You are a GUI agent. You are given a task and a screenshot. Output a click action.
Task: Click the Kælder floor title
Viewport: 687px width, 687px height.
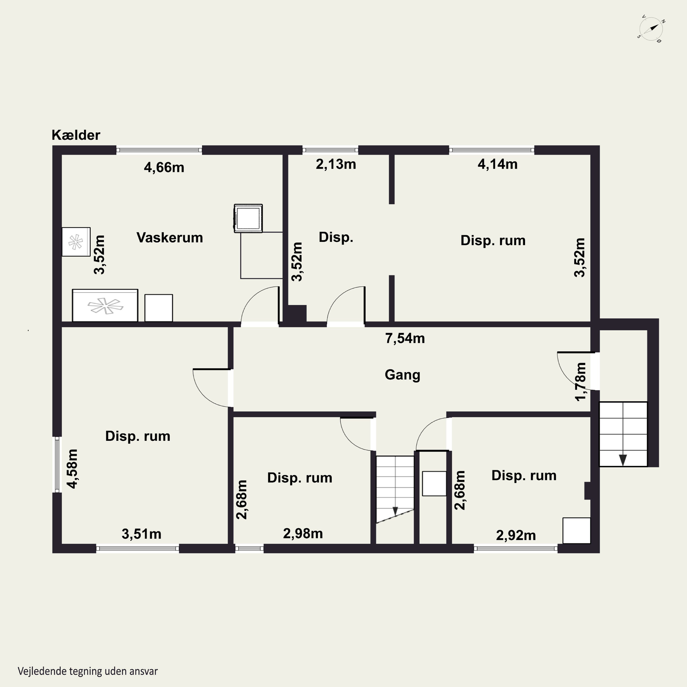pos(76,135)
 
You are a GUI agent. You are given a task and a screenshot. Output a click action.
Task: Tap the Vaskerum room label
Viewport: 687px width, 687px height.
pos(170,237)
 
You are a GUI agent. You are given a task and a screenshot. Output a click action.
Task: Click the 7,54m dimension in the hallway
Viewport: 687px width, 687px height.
pos(405,338)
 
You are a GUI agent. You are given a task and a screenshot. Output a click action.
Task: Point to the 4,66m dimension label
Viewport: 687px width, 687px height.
pos(164,167)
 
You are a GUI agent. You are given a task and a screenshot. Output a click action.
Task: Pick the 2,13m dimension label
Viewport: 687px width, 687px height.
pos(336,164)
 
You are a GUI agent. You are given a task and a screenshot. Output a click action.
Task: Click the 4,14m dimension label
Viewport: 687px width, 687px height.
pos(497,164)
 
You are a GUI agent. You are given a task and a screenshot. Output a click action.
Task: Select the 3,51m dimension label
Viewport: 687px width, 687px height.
pos(142,534)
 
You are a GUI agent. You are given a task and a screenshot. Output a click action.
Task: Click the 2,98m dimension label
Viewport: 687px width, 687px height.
pos(303,533)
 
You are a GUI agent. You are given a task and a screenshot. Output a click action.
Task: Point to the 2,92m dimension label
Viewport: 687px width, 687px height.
pos(516,535)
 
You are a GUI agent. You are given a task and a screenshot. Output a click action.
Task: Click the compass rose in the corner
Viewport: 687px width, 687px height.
pos(651,31)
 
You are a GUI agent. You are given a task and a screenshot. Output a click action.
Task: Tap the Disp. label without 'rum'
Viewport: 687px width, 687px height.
pos(336,237)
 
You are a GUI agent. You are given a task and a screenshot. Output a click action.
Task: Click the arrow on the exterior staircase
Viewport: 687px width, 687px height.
pos(623,460)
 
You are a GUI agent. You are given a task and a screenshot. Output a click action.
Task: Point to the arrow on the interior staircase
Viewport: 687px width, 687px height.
pos(395,511)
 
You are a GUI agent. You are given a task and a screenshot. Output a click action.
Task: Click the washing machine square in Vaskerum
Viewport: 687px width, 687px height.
pos(248,218)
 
